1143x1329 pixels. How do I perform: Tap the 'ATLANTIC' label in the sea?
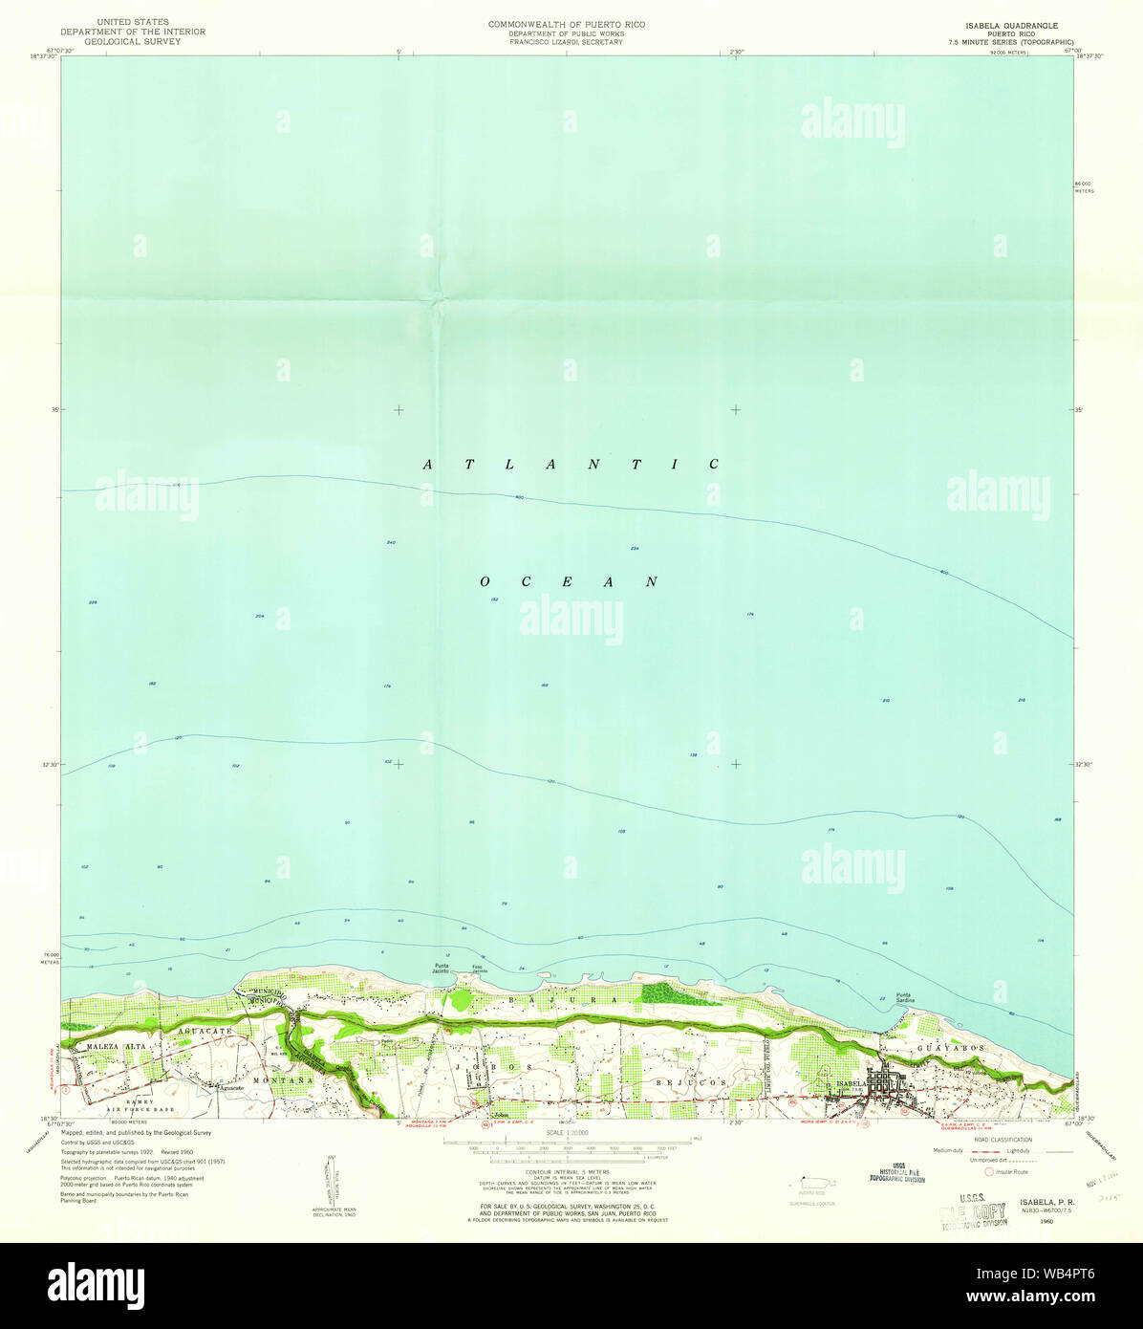pyautogui.click(x=571, y=465)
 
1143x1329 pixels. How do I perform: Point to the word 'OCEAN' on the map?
pyautogui.click(x=570, y=581)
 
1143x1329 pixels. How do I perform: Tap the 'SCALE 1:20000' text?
pyautogui.click(x=567, y=1132)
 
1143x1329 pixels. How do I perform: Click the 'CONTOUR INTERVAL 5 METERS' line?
pyautogui.click(x=568, y=1170)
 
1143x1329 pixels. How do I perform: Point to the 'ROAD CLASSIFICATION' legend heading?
pyautogui.click(x=1003, y=1140)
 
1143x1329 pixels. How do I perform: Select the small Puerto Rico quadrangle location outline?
pyautogui.click(x=812, y=1184)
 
